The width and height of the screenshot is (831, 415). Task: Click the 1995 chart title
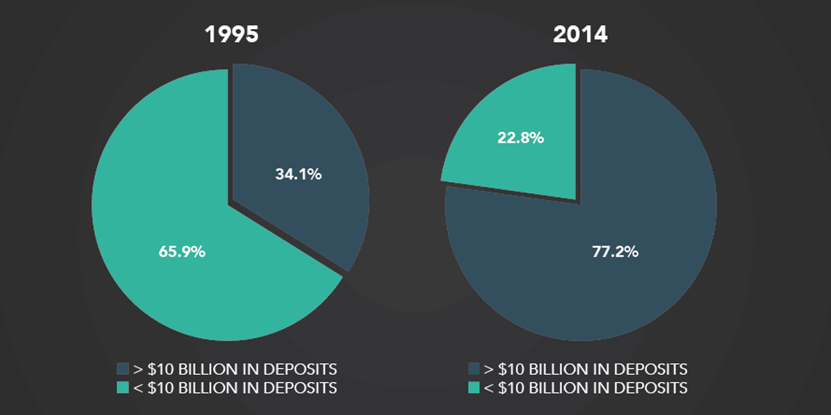231,35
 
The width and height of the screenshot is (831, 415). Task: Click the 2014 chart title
580,35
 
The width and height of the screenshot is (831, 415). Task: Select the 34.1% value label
298,174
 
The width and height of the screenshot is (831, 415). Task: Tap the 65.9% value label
182,252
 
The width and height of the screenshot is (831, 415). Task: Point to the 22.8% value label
520,138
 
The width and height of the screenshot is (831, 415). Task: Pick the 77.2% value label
615,251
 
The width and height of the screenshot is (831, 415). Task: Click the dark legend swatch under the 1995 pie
123,368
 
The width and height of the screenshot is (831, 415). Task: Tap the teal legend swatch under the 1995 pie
123,387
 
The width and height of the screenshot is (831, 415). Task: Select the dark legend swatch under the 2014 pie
474,368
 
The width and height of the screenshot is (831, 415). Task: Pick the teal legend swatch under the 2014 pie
474,387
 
